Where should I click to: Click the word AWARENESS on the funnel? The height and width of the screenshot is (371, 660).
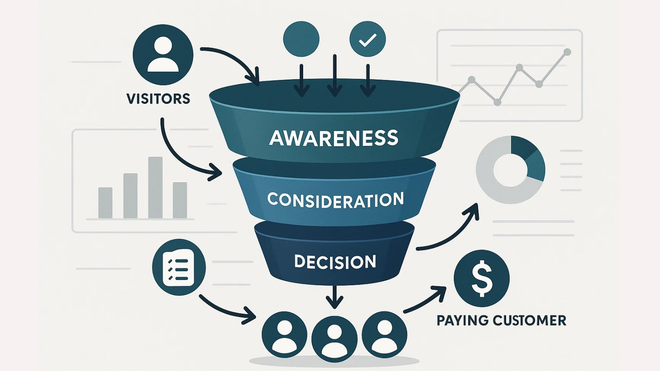click(334, 138)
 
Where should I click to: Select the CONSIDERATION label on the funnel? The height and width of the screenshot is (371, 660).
click(335, 200)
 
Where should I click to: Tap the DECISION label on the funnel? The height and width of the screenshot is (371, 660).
click(335, 262)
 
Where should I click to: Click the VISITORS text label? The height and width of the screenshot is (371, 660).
click(158, 99)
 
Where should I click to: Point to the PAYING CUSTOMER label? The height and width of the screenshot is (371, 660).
click(501, 320)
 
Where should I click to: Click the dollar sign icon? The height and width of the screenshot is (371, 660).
click(481, 278)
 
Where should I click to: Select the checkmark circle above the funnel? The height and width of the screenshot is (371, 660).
click(367, 40)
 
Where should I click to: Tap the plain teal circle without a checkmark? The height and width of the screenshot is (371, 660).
click(301, 39)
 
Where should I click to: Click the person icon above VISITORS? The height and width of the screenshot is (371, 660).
click(163, 55)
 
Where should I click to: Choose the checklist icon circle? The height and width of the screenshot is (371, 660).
click(179, 267)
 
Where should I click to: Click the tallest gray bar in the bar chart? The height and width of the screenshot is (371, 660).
click(155, 188)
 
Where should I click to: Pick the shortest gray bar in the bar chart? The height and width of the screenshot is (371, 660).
click(105, 203)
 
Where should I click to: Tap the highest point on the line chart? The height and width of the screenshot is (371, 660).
click(567, 52)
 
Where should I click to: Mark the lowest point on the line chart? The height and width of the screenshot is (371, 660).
click(497, 102)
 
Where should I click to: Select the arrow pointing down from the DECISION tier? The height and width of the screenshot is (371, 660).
click(335, 297)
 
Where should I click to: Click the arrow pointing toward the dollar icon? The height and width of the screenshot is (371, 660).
click(425, 299)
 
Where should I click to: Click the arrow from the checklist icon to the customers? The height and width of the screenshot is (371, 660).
click(227, 309)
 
